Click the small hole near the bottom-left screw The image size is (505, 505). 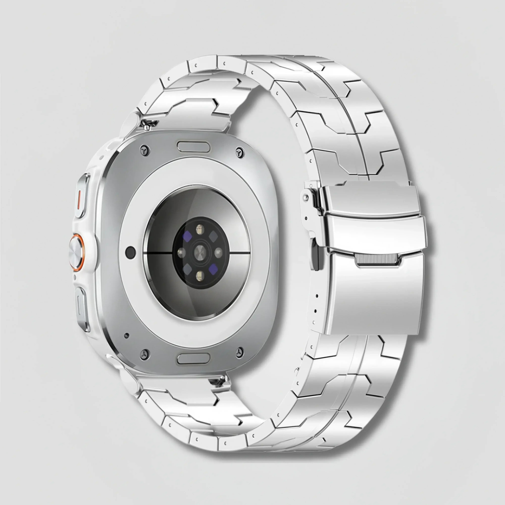pos(127,335)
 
